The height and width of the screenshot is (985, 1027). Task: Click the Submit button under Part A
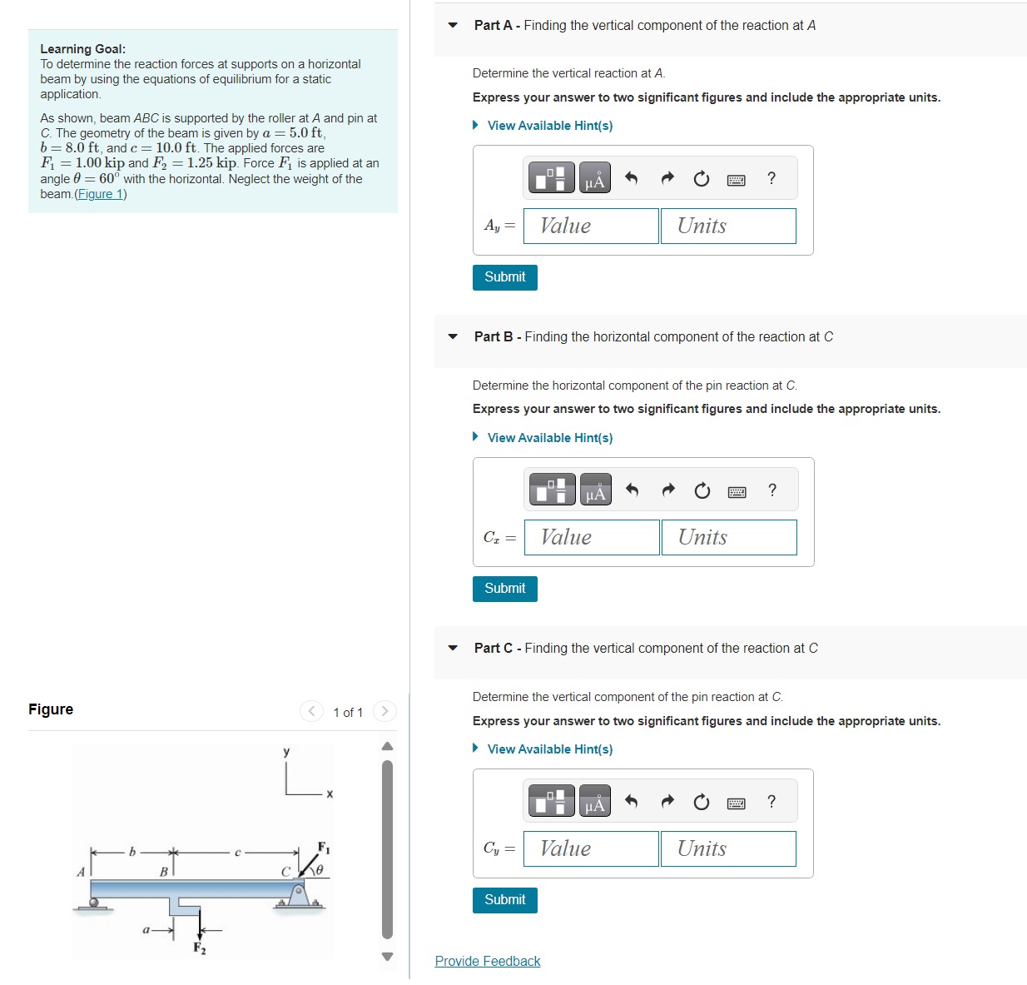(x=504, y=277)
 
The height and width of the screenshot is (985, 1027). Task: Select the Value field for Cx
(x=591, y=537)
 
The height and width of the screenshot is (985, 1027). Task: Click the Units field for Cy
(x=727, y=848)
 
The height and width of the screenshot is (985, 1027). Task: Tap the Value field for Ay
(x=590, y=226)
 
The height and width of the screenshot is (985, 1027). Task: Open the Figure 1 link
(x=100, y=194)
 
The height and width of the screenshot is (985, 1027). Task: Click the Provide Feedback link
(x=487, y=961)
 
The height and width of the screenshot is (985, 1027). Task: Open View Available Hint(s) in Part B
(x=549, y=437)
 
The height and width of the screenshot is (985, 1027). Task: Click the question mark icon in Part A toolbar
(x=771, y=178)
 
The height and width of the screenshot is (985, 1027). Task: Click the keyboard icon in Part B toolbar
(x=737, y=491)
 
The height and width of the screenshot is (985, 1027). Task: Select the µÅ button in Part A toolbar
(x=594, y=178)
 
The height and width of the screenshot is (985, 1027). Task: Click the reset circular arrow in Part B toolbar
(x=702, y=490)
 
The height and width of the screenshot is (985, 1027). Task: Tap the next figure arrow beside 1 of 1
(x=385, y=711)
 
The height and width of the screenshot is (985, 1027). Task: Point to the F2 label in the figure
(x=200, y=948)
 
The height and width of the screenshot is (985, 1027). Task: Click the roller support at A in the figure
(x=94, y=903)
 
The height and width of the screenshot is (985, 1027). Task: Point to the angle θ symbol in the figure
(x=319, y=869)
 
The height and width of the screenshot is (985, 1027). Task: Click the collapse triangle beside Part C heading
(x=453, y=648)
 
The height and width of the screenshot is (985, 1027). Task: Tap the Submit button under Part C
(x=504, y=900)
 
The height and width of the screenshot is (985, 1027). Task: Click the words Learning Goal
(x=82, y=49)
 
